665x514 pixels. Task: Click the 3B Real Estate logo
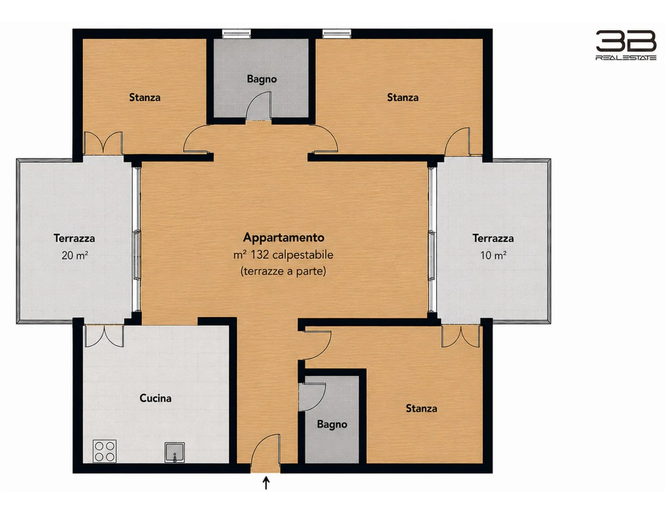click(626, 45)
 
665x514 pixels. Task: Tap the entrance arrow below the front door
click(266, 483)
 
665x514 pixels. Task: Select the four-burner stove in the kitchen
click(104, 451)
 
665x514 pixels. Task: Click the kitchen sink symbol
click(175, 452)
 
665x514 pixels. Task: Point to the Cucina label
click(156, 398)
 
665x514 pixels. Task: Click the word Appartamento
click(284, 237)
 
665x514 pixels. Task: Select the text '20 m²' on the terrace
click(75, 255)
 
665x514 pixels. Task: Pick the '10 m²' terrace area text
click(493, 255)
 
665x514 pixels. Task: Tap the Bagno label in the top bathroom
click(262, 79)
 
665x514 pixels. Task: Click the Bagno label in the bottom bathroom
click(332, 425)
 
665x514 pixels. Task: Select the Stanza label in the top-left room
click(145, 97)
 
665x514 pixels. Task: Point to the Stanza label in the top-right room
click(403, 97)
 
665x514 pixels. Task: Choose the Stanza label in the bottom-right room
click(422, 408)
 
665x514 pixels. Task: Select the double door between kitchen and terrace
click(104, 336)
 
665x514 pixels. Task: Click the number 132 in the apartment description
click(260, 255)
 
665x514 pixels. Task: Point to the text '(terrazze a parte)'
click(283, 271)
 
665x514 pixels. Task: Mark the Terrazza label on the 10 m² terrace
click(493, 238)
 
